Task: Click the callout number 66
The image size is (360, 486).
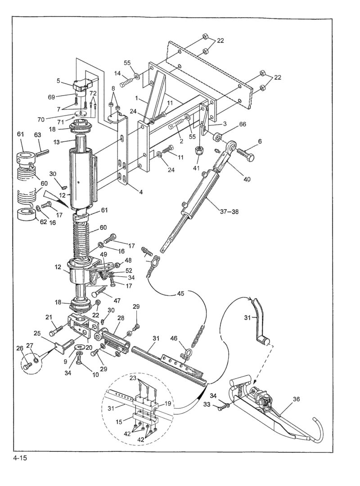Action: (x=242, y=124)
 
